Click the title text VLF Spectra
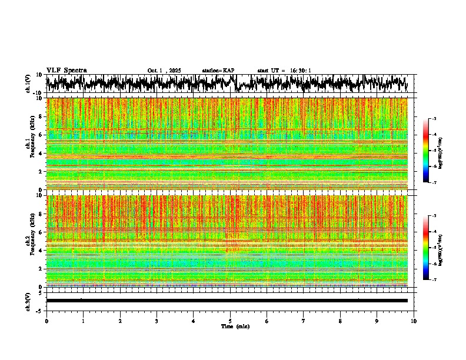[x=66, y=71]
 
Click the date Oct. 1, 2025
[x=164, y=71]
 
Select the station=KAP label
[x=218, y=71]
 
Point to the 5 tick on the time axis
[x=230, y=321]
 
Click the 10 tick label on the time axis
[x=414, y=321]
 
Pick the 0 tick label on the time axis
[x=46, y=321]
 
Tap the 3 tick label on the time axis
[x=157, y=321]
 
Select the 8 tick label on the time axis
[x=340, y=321]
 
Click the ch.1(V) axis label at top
[x=28, y=84]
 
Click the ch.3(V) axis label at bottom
[x=28, y=301]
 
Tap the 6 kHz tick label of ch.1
[x=39, y=135]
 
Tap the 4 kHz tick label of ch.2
[x=39, y=251]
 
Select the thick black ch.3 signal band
[x=227, y=301]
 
